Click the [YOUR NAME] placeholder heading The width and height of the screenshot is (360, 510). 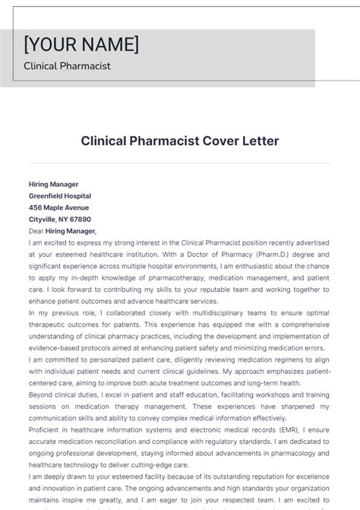[81, 43]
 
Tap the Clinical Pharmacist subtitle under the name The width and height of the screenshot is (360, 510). [67, 66]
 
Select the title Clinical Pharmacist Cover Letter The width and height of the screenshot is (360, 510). [180, 141]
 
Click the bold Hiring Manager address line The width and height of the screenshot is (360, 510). [53, 184]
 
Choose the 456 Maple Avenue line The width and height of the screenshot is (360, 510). [58, 207]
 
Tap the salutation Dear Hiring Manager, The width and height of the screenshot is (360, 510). [62, 230]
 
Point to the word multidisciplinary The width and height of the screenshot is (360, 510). [178, 312]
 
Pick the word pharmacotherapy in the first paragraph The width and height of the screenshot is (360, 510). [179, 277]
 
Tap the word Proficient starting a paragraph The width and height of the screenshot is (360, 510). [45, 429]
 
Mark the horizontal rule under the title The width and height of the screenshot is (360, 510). [180, 163]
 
